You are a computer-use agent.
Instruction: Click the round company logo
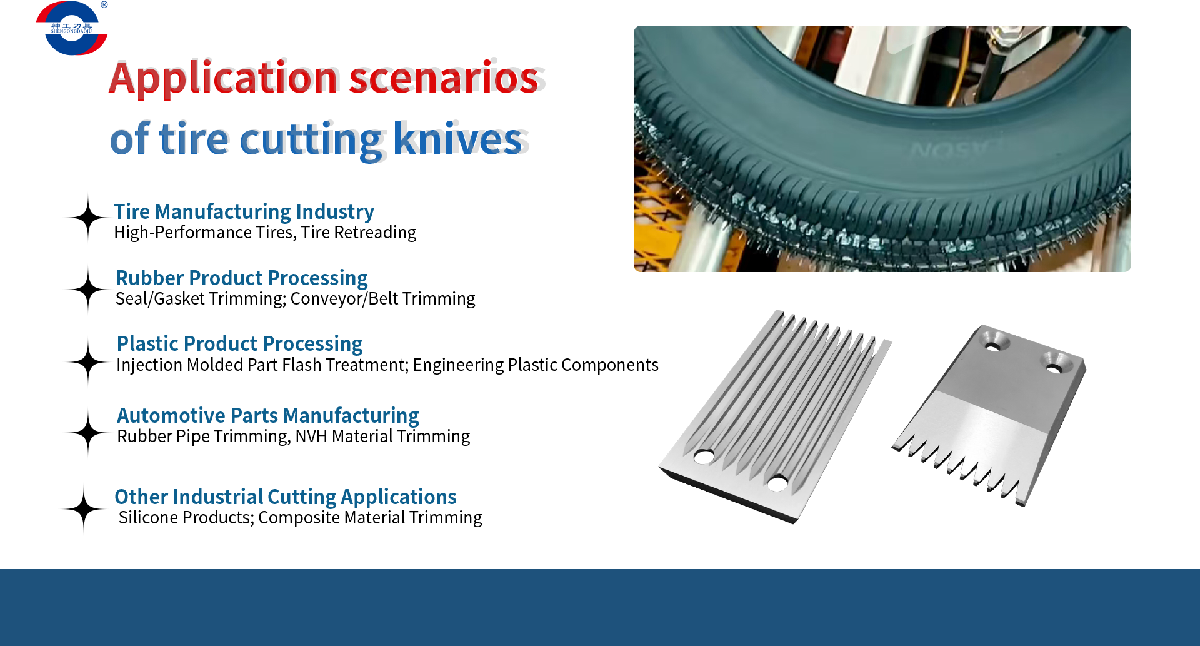point(72,28)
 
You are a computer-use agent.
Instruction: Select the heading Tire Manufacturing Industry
point(244,212)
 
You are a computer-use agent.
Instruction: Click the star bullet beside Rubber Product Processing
point(88,289)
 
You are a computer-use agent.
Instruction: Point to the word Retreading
point(375,233)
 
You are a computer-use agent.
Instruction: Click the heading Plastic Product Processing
point(239,344)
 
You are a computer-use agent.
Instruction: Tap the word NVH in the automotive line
point(311,437)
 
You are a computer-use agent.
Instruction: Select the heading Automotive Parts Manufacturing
point(267,416)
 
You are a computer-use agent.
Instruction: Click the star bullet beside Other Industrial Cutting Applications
point(84,509)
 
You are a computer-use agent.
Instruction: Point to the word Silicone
point(153,518)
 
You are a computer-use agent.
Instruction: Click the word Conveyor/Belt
point(344,299)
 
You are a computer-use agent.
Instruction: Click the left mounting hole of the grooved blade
point(704,457)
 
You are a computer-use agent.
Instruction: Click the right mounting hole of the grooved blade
point(777,483)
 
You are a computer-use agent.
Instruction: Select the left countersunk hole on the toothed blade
point(993,345)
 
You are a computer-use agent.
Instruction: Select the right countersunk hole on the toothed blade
point(1054,368)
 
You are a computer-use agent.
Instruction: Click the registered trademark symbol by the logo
point(104,4)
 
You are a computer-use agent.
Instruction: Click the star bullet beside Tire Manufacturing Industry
point(88,218)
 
